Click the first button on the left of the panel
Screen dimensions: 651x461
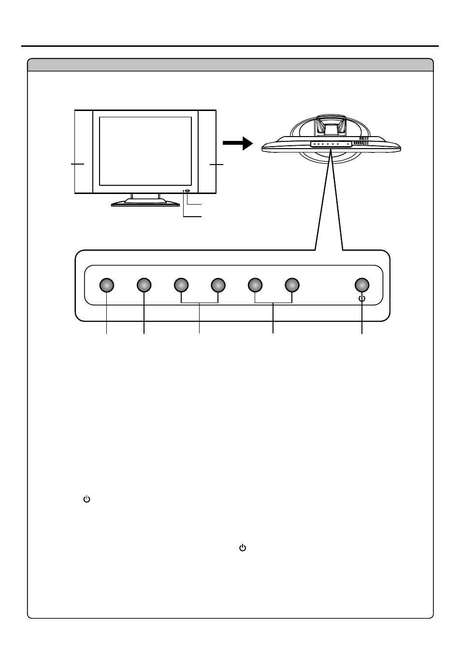click(107, 286)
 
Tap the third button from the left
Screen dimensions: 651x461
click(181, 286)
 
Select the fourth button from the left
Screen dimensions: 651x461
click(218, 286)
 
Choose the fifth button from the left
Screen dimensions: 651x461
click(255, 286)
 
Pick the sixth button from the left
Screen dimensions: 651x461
click(291, 286)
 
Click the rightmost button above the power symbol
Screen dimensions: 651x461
click(362, 286)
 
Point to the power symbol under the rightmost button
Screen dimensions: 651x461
click(362, 299)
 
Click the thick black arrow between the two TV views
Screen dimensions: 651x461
click(238, 143)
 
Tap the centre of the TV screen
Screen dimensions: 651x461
click(145, 151)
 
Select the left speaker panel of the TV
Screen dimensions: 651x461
click(84, 152)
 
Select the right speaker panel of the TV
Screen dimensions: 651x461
click(207, 152)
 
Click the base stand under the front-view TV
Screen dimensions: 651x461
click(145, 202)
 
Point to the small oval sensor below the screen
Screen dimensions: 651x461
click(187, 191)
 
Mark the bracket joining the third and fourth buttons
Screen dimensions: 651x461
click(200, 303)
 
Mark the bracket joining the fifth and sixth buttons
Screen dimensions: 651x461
click(273, 303)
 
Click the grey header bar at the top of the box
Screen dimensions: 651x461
click(230, 65)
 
